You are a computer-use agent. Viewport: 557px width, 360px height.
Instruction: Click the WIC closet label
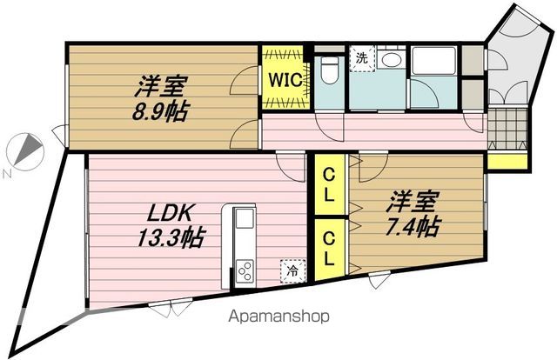pos(285,80)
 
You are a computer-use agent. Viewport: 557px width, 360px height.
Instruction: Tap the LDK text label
pos(170,213)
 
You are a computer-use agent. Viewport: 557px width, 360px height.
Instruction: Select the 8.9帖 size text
pos(159,111)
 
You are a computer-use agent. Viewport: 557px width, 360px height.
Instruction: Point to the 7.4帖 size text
pos(413,226)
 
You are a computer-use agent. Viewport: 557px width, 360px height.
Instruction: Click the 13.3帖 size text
pos(171,237)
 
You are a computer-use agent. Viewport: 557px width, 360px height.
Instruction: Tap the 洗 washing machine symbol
pos(362,58)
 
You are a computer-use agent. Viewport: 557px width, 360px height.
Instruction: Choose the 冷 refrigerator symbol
pos(293,271)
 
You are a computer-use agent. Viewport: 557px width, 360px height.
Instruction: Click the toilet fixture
pos(330,70)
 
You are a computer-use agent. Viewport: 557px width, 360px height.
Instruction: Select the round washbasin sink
pos(391,59)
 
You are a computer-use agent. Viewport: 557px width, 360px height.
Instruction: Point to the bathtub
pos(433,60)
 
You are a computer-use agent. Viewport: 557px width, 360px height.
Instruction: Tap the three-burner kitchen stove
pos(245,272)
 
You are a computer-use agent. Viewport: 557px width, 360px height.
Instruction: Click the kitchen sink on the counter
pos(244,218)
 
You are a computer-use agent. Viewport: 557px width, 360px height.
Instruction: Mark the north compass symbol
pos(25,151)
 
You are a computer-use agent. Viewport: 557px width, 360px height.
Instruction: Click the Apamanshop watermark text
pos(278,317)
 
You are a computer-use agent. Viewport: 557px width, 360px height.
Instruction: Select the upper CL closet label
pos(329,184)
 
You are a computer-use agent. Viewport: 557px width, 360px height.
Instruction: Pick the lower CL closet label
pos(329,249)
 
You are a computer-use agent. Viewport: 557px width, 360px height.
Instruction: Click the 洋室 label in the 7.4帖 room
pos(413,202)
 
